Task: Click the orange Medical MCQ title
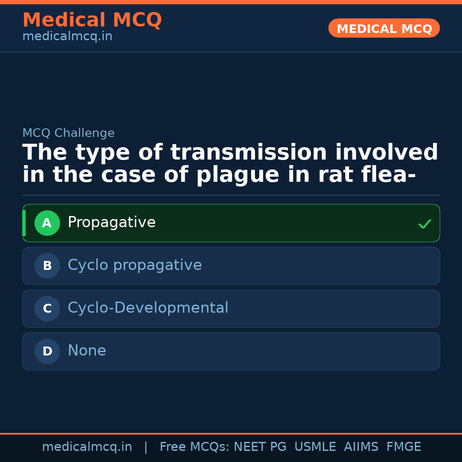click(x=92, y=20)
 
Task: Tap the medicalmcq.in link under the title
click(x=67, y=36)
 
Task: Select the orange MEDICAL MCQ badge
click(x=384, y=29)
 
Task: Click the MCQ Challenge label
click(x=68, y=133)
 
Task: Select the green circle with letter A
click(x=47, y=223)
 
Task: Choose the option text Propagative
click(x=112, y=222)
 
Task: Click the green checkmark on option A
click(x=424, y=224)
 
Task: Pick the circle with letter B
click(x=47, y=266)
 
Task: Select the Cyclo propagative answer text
click(x=135, y=265)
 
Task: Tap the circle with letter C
click(x=47, y=308)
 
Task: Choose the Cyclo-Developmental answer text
click(x=148, y=308)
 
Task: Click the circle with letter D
click(x=47, y=351)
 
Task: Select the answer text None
click(x=87, y=351)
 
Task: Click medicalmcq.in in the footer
click(x=87, y=447)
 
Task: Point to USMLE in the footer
click(x=315, y=447)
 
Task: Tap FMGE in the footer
click(x=403, y=447)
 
